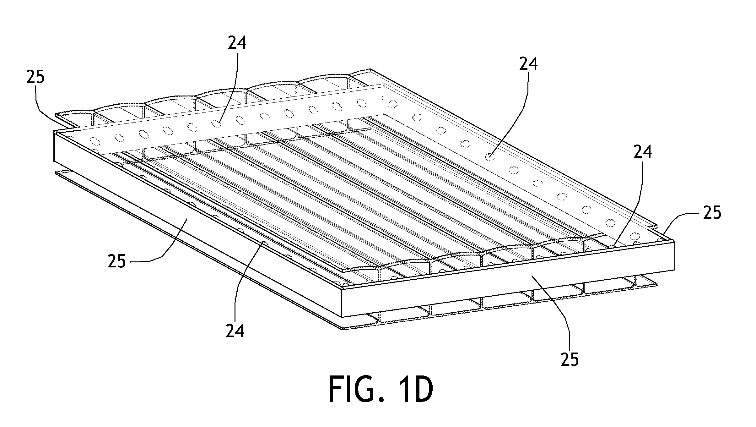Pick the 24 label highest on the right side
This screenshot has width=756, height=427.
528,64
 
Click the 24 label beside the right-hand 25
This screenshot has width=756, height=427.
643,152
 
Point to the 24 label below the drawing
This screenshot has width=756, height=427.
235,331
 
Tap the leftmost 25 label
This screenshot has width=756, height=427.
35,77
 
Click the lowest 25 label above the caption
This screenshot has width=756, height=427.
570,359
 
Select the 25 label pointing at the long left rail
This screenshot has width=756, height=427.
117,261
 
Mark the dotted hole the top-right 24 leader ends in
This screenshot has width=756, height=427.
490,156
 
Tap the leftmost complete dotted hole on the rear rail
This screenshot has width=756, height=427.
94,140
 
